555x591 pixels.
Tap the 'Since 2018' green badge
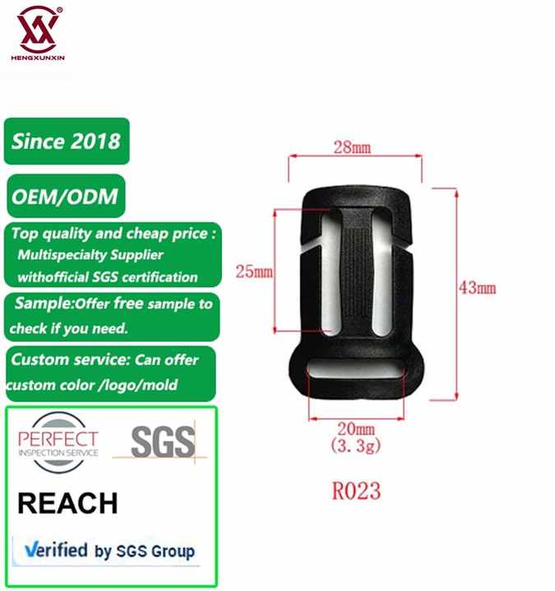66,140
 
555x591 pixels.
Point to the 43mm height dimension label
478,287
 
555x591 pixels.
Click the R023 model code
355,491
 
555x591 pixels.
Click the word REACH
67,502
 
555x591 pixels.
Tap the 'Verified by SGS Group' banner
109,550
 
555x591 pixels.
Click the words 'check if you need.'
69,328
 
